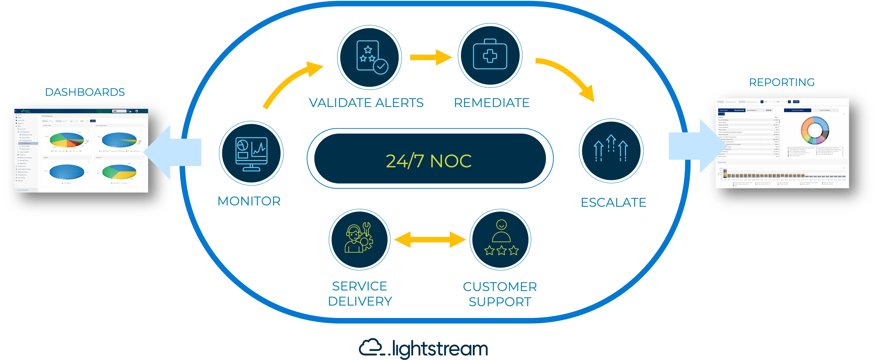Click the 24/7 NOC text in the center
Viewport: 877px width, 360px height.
(x=429, y=161)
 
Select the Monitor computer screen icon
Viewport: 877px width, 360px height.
(x=251, y=153)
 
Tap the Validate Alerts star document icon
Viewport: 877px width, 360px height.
(x=369, y=57)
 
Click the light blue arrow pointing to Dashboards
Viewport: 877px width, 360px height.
(x=174, y=152)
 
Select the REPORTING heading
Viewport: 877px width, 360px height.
(x=782, y=82)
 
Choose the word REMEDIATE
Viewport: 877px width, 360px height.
(x=492, y=103)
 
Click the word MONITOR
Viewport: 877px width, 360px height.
(x=249, y=201)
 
